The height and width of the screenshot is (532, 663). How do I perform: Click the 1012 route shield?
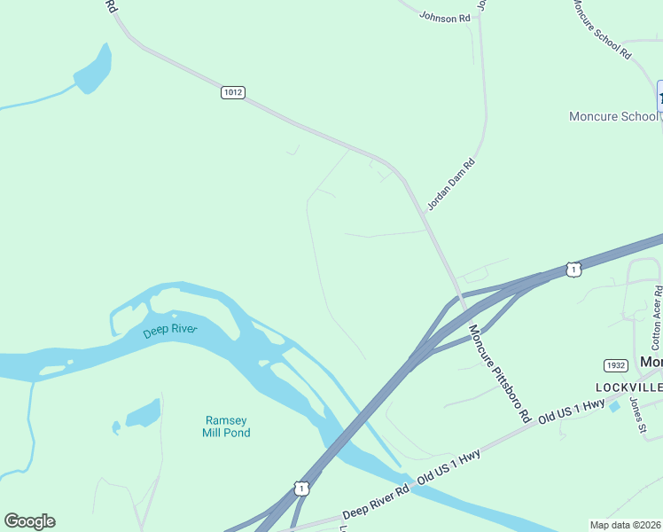(x=232, y=92)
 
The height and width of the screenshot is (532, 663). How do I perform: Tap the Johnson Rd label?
(x=444, y=18)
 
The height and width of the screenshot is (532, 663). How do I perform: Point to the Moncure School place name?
(x=613, y=116)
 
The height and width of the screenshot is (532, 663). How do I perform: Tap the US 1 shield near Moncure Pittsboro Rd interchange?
(x=573, y=269)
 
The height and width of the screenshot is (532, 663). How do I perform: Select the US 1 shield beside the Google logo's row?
(x=302, y=489)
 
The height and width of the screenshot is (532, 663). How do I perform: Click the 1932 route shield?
(x=615, y=365)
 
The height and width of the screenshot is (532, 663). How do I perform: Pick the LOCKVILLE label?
(x=628, y=388)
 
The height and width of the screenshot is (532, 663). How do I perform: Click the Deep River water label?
(x=169, y=332)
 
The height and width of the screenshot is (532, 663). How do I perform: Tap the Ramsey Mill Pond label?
(x=227, y=426)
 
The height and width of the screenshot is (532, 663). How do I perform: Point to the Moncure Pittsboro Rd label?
(x=499, y=372)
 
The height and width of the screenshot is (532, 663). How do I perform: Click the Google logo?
(x=29, y=521)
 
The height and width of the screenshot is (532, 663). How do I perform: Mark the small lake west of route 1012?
(x=93, y=70)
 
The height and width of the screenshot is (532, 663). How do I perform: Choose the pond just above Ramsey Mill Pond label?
(x=143, y=413)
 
